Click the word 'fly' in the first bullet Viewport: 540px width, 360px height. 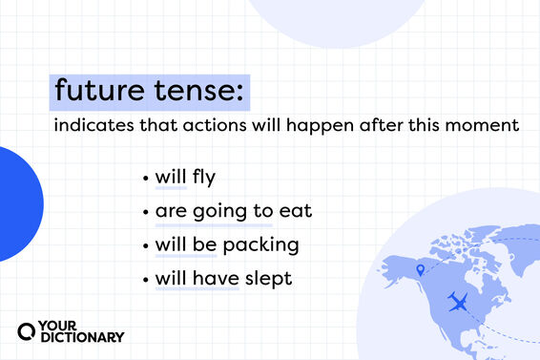tap(205, 178)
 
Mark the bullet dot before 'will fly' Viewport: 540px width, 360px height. tap(145, 179)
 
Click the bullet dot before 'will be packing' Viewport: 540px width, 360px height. tap(145, 245)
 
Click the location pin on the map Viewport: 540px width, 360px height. tap(418, 272)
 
